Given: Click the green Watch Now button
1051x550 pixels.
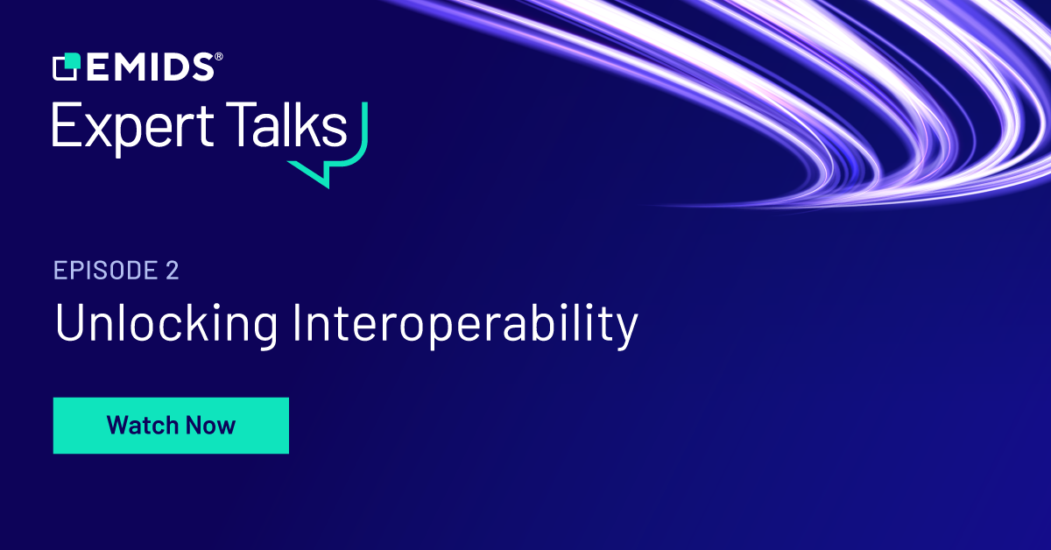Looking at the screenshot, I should (171, 426).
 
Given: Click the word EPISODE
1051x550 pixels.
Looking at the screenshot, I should (104, 271).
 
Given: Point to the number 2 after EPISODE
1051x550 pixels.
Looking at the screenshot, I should (172, 271).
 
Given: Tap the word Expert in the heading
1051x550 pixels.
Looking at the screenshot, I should (130, 128).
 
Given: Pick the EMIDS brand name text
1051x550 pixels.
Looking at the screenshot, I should (148, 67).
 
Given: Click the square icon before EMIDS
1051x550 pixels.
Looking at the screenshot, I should (66, 67).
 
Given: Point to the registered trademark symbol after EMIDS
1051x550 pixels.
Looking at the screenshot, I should (218, 57).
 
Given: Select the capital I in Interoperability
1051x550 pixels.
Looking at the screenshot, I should (298, 323).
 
